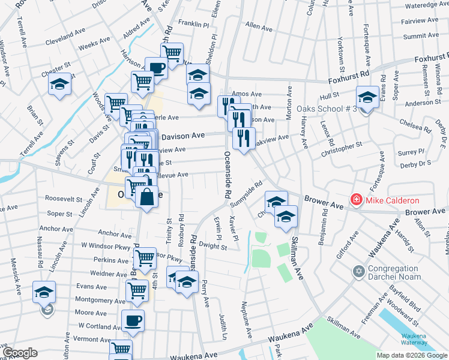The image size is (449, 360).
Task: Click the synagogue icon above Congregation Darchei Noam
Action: pos(358,272)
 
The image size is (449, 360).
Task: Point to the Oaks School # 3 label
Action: pos(330,109)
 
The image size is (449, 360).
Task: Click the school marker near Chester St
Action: pos(59,85)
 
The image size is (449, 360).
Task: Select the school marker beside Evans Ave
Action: pos(44,292)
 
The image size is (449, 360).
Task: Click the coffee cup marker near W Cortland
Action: pos(133,320)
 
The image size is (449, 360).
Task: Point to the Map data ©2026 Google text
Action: pos(412,355)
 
